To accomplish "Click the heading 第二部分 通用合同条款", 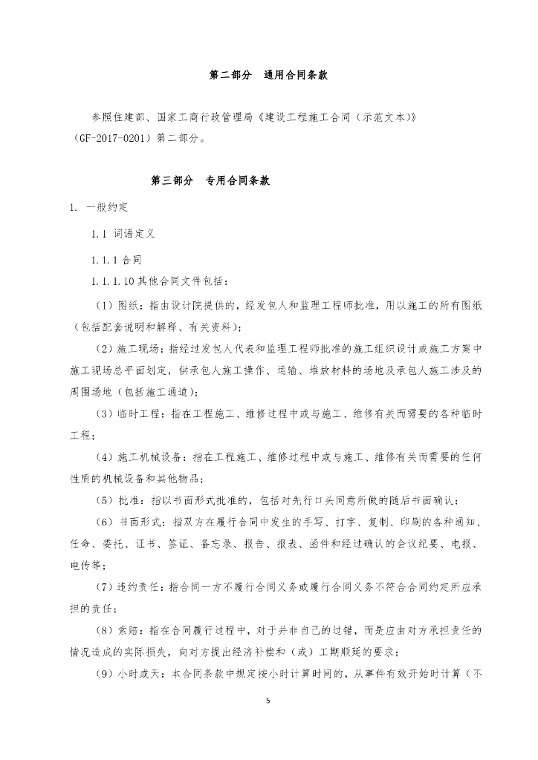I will click(x=269, y=76).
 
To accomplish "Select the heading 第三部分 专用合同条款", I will click(x=215, y=180).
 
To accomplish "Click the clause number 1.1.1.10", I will click(x=112, y=281).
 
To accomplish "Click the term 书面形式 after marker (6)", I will click(x=140, y=522).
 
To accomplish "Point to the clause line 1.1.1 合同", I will click(x=117, y=261).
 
